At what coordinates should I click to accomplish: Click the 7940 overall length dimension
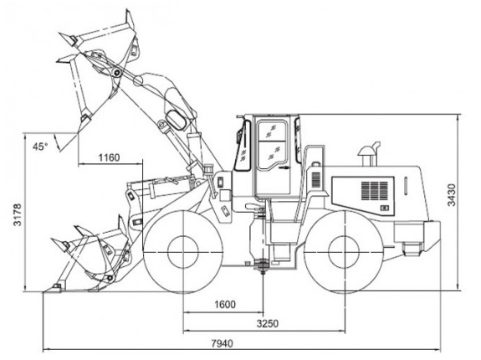(222, 342)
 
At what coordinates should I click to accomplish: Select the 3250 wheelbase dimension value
(268, 323)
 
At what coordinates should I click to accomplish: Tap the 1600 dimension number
(225, 305)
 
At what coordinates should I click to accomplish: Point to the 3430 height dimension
(451, 194)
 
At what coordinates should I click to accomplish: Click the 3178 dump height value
(18, 214)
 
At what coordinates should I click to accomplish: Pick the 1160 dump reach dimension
(109, 157)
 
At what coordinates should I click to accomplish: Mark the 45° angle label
(40, 147)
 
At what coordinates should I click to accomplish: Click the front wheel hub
(183, 252)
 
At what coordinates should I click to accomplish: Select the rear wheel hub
(344, 252)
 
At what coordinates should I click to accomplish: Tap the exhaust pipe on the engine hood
(370, 153)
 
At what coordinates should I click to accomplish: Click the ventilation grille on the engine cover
(374, 191)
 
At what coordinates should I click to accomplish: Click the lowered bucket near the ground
(89, 256)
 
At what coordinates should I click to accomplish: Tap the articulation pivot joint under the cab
(263, 264)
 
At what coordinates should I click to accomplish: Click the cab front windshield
(243, 145)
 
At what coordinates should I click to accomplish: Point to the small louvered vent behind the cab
(316, 180)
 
